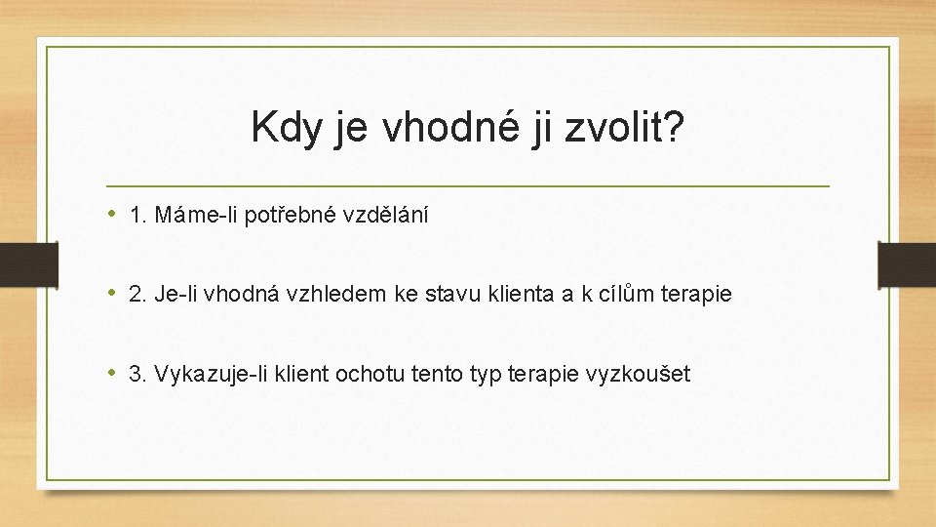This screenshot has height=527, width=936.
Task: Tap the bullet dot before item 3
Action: point(114,373)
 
